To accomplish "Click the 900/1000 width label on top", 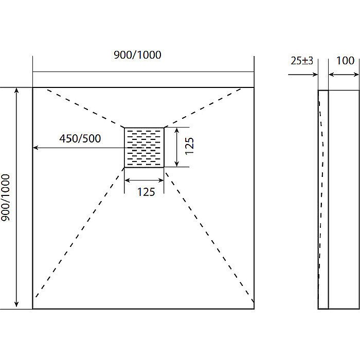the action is [137, 55].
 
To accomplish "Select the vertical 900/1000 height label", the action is [6, 197].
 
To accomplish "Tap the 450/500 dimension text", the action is [80, 138].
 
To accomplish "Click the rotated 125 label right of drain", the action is [189, 146].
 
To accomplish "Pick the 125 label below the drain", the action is [146, 192].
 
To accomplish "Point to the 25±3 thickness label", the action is [302, 61].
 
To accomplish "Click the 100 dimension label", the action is [345, 61].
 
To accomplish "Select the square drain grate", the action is [144, 148].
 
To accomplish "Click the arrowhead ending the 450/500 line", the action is [35, 148].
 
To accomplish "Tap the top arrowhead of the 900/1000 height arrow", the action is [16, 90].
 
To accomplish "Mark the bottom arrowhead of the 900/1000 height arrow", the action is [16, 304].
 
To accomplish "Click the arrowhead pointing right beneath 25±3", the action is [315, 75].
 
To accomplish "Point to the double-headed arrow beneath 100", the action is [344, 75].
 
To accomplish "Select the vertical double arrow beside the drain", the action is [176, 147].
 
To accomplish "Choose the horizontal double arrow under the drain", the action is [144, 181].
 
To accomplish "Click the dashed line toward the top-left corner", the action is [85, 108].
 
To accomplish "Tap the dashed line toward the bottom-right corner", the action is [209, 237].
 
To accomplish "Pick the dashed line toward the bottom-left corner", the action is [79, 232].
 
